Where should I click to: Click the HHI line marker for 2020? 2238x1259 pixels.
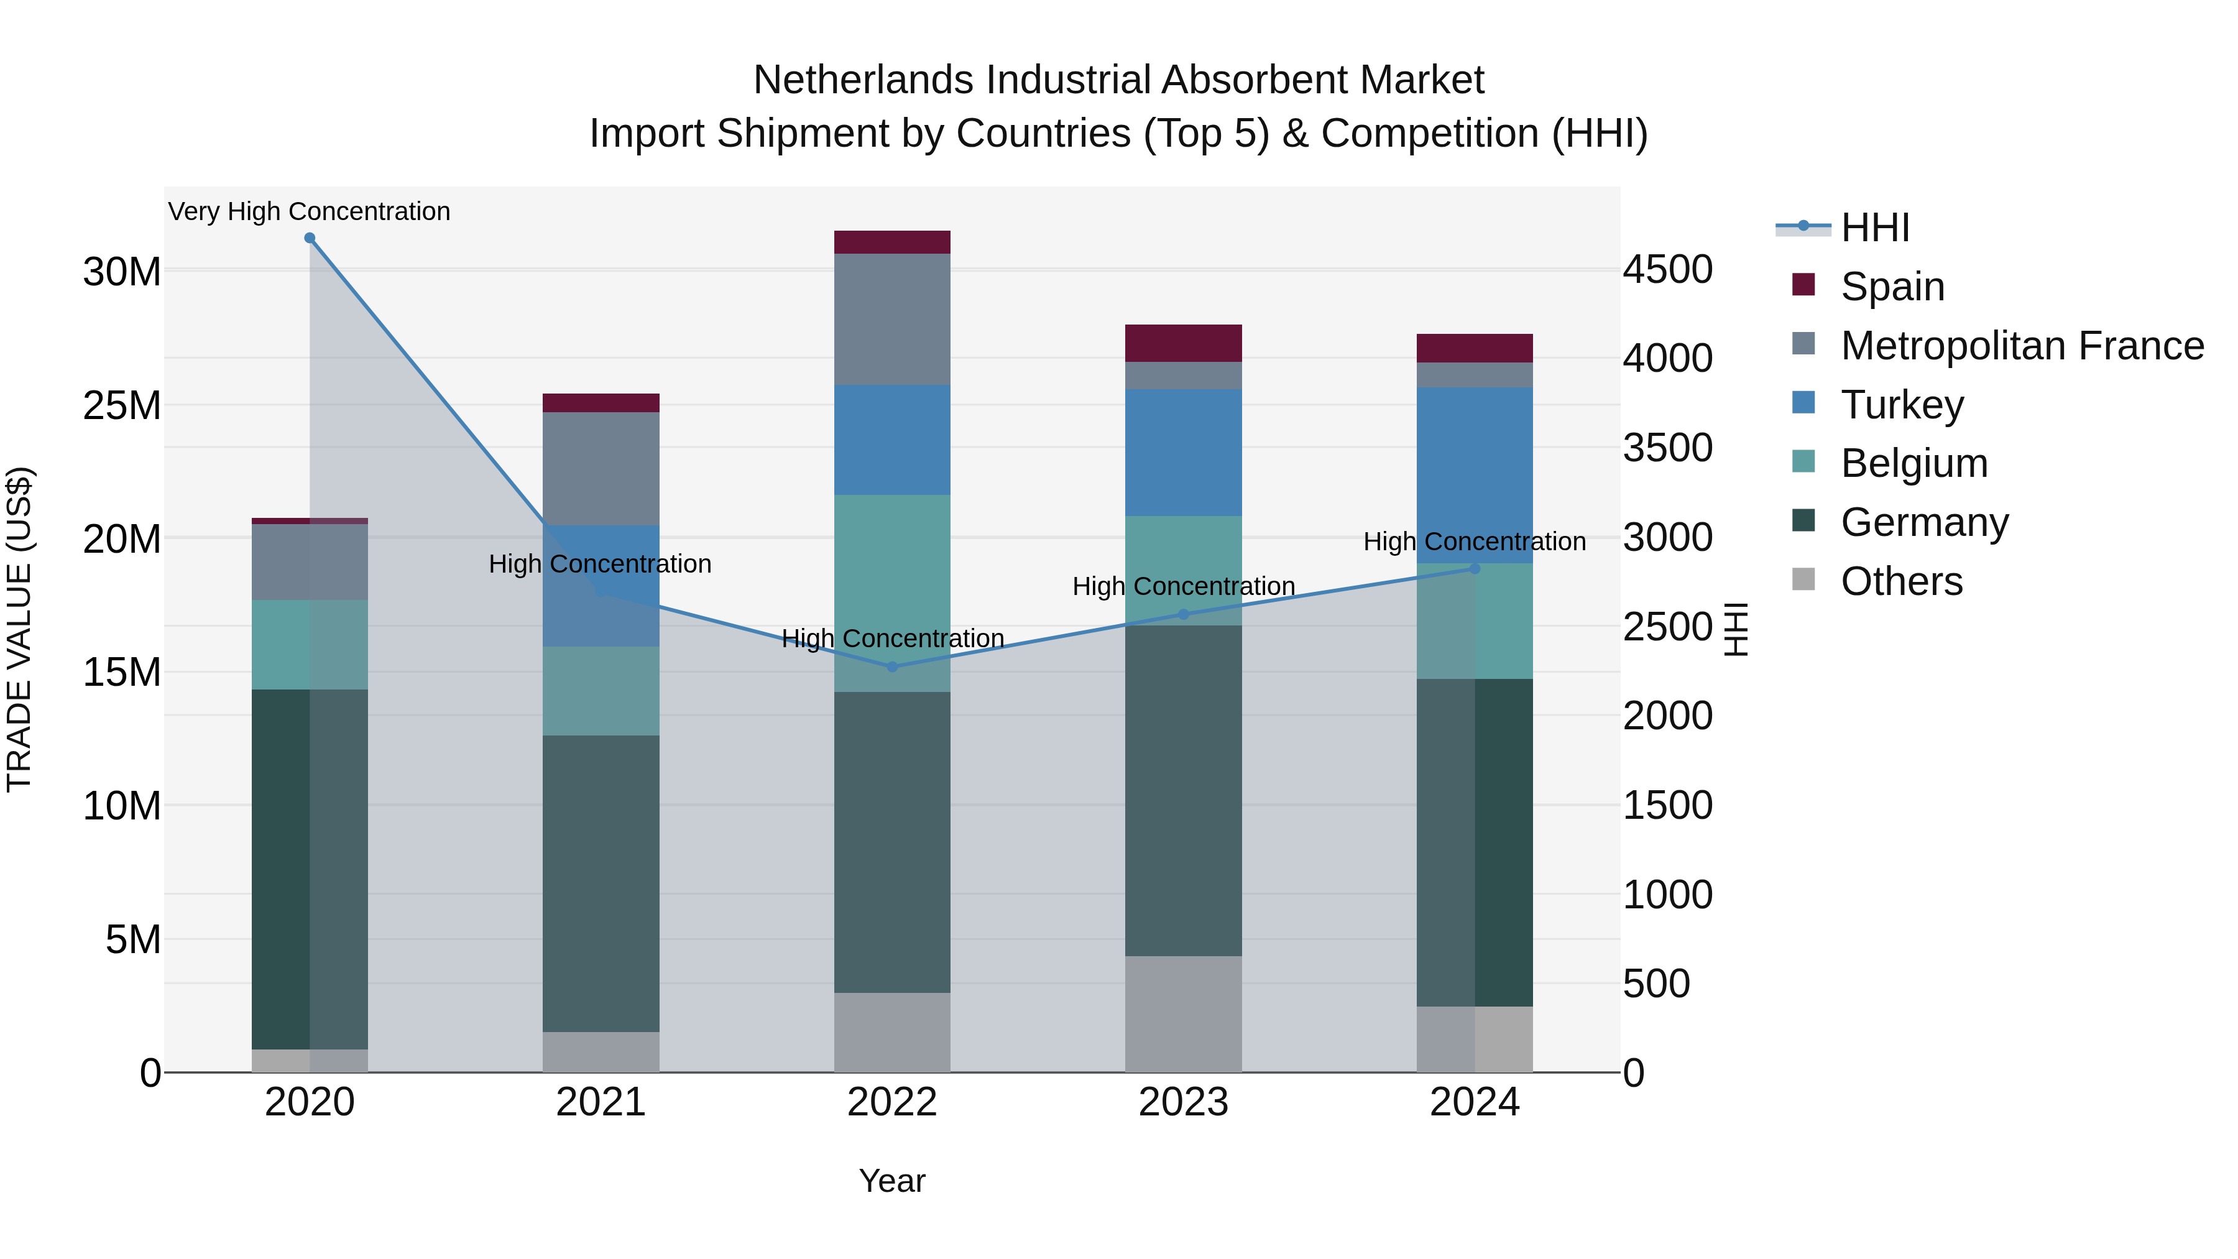click(x=310, y=238)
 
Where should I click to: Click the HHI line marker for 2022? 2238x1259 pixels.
click(x=892, y=666)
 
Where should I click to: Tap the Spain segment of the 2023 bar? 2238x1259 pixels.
click(x=1183, y=343)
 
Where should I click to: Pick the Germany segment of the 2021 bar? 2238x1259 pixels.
click(x=601, y=883)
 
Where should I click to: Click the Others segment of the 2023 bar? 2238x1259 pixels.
click(x=1183, y=1014)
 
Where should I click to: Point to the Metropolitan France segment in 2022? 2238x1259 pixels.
click(x=892, y=319)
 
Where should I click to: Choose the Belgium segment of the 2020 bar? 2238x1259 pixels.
click(x=310, y=645)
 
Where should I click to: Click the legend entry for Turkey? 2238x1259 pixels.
click(x=1901, y=405)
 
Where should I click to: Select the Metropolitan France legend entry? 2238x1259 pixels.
click(x=2021, y=346)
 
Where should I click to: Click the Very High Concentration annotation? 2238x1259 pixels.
click(x=310, y=212)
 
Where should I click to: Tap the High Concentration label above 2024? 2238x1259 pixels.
click(x=1475, y=542)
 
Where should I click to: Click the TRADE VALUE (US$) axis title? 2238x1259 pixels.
click(x=19, y=629)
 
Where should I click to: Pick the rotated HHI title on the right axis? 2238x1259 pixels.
click(x=1736, y=629)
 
